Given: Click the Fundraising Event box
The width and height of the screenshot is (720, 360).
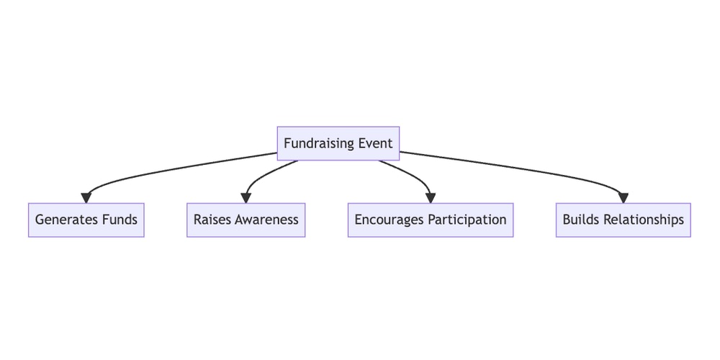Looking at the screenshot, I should [338, 143].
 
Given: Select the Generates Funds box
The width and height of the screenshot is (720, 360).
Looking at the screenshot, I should [86, 220].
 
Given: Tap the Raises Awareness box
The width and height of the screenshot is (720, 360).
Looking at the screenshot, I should [246, 220].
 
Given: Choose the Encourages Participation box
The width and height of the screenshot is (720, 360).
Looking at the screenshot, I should [431, 220].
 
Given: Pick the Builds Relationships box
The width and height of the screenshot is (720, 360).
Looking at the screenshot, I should [624, 220].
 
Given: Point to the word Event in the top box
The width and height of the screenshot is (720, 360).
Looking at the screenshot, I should [375, 143].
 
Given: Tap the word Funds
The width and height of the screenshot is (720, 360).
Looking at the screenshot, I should [120, 220].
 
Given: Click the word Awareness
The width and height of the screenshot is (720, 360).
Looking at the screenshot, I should [266, 220].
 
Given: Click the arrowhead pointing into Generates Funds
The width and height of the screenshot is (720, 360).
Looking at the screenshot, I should [86, 197].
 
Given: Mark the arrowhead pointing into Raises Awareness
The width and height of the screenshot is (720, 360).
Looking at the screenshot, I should [246, 197].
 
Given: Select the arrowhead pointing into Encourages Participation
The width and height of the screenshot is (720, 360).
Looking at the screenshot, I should [431, 197].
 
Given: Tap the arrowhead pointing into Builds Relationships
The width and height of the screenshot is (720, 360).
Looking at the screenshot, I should [624, 197].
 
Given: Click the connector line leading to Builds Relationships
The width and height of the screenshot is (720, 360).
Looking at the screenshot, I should [518, 168].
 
